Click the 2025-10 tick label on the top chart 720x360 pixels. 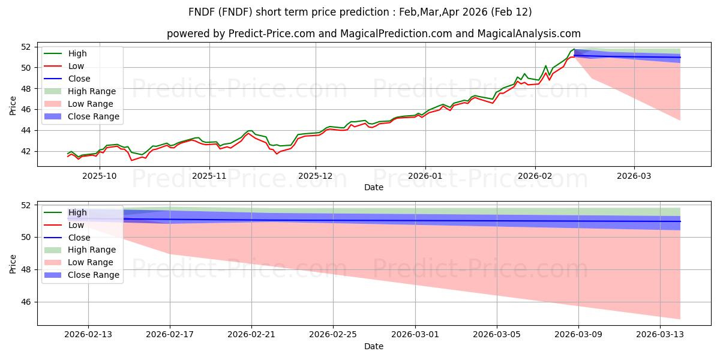click(x=100, y=176)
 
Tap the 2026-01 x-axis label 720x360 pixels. click(x=425, y=176)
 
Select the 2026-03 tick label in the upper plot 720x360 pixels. click(x=634, y=176)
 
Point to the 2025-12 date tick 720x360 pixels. click(x=316, y=176)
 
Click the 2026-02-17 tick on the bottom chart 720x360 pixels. click(x=170, y=335)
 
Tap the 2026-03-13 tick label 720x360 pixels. click(x=660, y=335)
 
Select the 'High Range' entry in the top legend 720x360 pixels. click(x=92, y=91)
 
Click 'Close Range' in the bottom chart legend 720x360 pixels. click(x=94, y=275)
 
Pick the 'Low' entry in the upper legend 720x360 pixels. click(x=76, y=66)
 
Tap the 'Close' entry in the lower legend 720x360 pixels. click(x=79, y=238)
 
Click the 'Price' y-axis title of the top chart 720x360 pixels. click(x=13, y=106)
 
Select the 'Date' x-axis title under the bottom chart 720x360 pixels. click(x=373, y=346)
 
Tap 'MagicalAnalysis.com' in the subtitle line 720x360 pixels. click(x=529, y=34)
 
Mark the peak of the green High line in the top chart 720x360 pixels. click(x=574, y=49)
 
